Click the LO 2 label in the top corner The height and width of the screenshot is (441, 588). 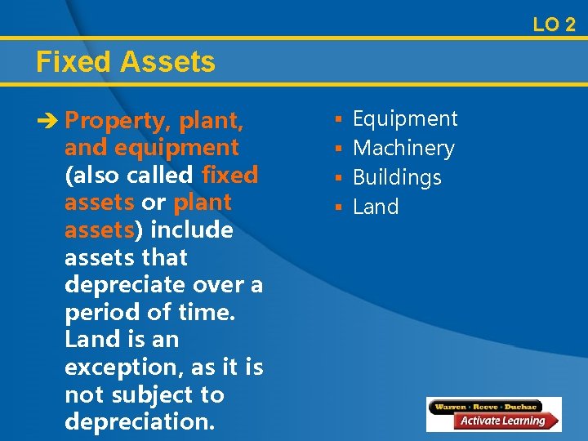click(x=554, y=24)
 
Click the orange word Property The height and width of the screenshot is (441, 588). click(x=115, y=121)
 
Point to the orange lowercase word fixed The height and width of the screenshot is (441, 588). click(x=229, y=176)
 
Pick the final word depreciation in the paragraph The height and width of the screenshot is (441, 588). click(x=139, y=422)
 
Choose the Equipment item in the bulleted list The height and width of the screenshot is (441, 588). click(x=405, y=119)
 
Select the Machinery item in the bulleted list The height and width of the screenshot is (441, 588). click(x=403, y=149)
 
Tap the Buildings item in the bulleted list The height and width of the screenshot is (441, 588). click(x=397, y=178)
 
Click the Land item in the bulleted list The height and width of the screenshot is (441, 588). click(x=376, y=207)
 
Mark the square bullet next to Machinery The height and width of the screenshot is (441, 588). click(x=337, y=149)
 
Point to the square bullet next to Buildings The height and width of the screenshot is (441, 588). click(x=337, y=178)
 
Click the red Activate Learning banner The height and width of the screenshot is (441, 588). click(x=501, y=421)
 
